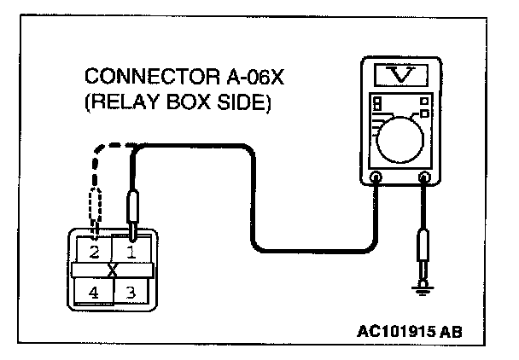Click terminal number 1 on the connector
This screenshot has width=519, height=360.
(x=131, y=253)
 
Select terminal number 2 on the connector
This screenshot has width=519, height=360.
(x=94, y=253)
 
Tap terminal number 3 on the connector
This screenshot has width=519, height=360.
(x=131, y=293)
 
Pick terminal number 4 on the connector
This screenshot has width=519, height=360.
(x=94, y=293)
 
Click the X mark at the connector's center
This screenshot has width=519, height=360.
(x=113, y=271)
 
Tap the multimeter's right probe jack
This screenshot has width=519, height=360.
(x=424, y=178)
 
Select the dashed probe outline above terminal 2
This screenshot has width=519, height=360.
(x=95, y=205)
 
